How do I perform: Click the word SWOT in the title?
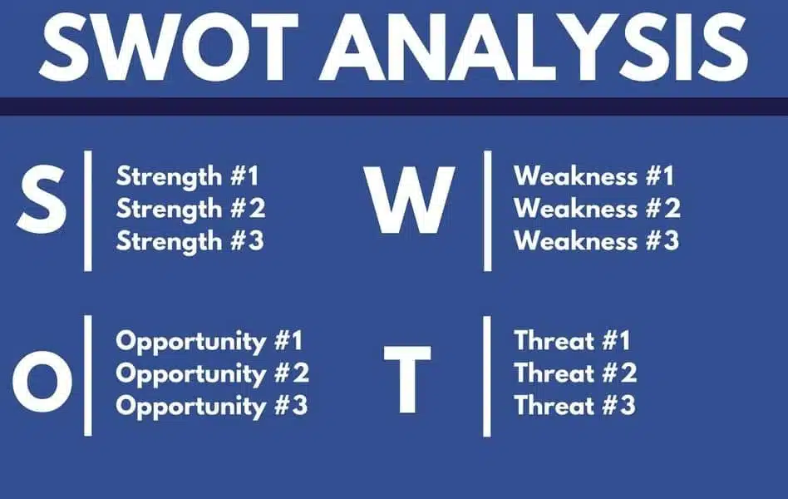(170, 47)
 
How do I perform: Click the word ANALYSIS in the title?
(534, 47)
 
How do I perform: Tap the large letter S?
(42, 200)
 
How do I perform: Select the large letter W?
(410, 200)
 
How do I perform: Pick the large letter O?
(42, 381)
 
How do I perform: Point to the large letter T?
(407, 379)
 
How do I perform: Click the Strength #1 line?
(188, 177)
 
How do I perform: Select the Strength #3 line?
(190, 241)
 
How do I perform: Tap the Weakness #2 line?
(597, 208)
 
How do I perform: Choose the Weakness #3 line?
(597, 240)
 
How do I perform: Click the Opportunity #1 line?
(209, 342)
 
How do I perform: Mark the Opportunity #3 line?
(212, 407)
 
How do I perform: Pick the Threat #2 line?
(575, 373)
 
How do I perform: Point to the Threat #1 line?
(572, 340)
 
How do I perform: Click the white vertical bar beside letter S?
(88, 210)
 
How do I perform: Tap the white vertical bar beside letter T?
(487, 376)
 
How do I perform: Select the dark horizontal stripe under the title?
(394, 106)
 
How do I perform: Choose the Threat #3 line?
(575, 406)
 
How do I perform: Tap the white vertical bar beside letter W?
(487, 210)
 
